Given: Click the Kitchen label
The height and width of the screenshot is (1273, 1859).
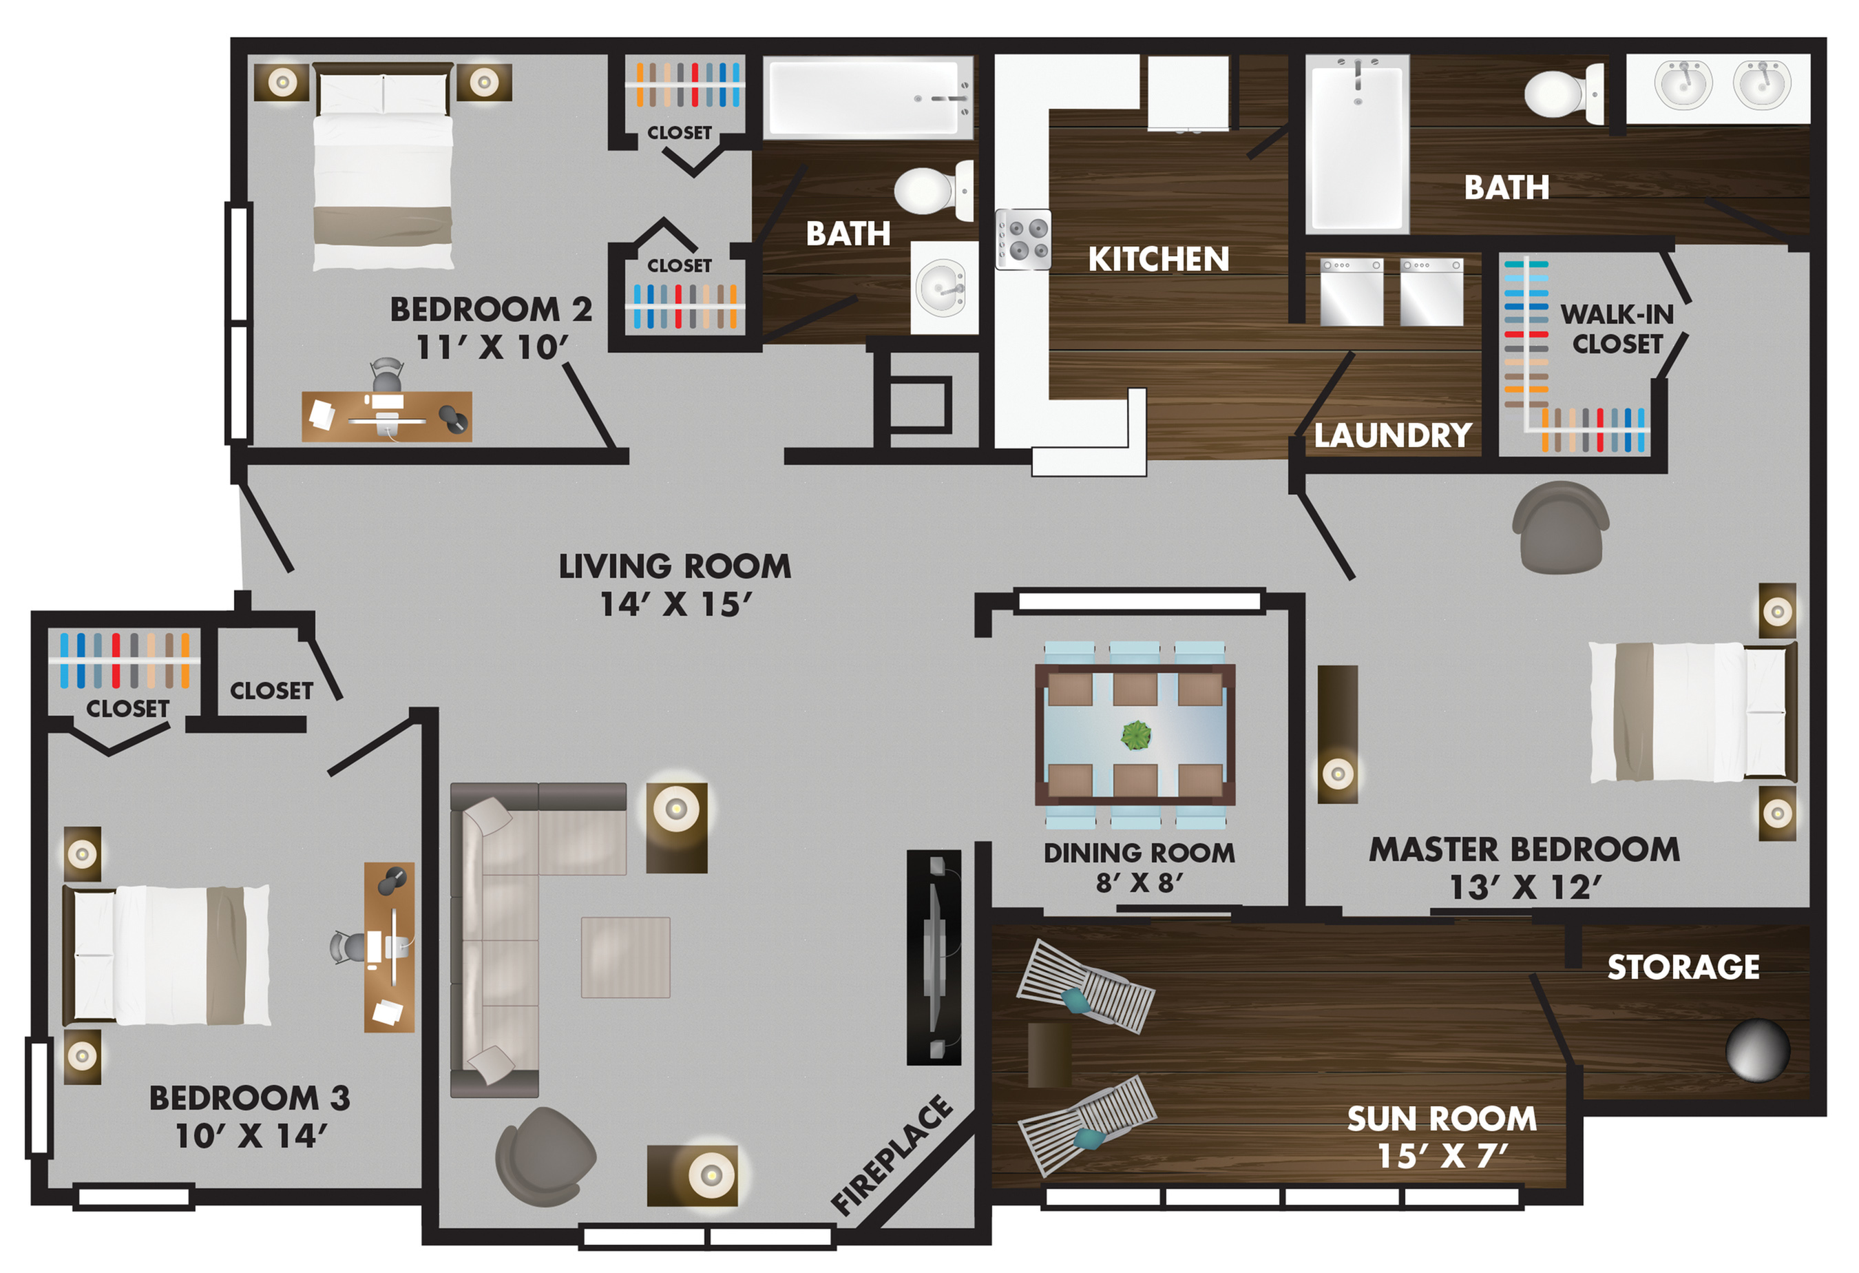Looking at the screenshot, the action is [1158, 259].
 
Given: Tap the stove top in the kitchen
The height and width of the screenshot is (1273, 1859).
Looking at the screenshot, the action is [1023, 239].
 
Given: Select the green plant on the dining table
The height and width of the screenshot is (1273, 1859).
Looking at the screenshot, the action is [1136, 734].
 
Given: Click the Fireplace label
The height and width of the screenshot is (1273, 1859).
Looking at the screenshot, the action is [892, 1154].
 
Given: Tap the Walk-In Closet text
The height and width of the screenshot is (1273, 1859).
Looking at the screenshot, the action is [1617, 329].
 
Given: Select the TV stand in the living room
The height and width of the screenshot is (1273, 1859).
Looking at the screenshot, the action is [934, 957].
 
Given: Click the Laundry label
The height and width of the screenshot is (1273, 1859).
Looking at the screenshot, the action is [1393, 435].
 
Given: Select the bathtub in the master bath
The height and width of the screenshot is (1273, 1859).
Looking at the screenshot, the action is [1358, 144].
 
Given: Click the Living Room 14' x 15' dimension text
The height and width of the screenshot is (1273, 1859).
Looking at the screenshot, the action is [676, 605].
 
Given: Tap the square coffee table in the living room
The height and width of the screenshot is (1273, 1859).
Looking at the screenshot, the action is [626, 957].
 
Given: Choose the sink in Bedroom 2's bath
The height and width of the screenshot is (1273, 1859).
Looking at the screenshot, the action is [944, 288].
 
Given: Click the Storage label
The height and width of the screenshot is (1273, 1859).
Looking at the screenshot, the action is [1683, 967].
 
